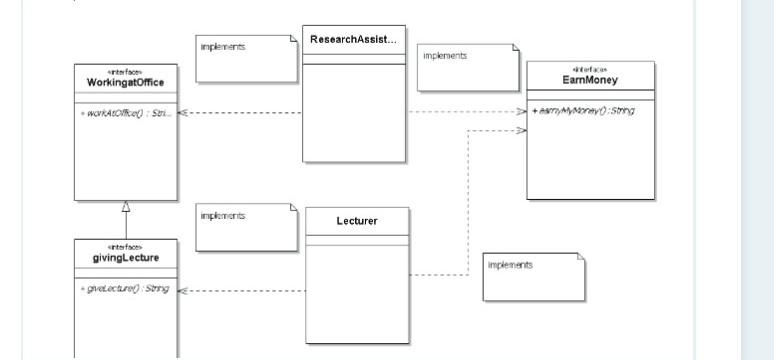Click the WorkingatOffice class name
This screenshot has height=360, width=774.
click(126, 82)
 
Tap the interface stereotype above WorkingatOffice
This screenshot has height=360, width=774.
click(126, 72)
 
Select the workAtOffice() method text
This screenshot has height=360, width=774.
click(125, 112)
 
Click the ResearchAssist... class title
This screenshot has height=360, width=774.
click(353, 39)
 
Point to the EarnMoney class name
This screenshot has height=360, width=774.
click(590, 79)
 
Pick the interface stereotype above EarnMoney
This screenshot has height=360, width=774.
click(590, 69)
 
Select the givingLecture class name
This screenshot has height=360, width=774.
click(126, 258)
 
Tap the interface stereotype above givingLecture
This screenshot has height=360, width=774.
click(126, 247)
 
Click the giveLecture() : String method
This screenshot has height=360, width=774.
click(124, 289)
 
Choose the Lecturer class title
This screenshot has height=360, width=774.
click(356, 220)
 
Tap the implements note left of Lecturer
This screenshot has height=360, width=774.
click(247, 227)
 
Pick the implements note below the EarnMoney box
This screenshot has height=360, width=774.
click(533, 276)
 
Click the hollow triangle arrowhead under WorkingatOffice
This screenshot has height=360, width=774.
click(126, 207)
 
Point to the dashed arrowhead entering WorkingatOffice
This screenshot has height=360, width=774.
click(184, 112)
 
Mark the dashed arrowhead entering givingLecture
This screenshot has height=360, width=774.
click(184, 291)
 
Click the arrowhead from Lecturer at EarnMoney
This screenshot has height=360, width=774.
click(521, 130)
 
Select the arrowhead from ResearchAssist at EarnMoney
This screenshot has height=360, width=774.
click(521, 112)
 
